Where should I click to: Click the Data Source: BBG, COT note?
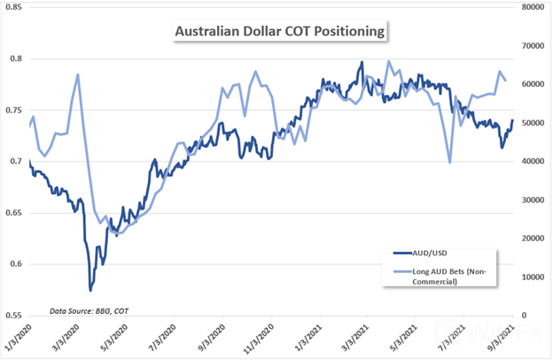(x=75, y=311)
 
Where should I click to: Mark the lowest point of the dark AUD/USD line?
(x=90, y=290)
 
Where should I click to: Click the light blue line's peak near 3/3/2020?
(x=78, y=74)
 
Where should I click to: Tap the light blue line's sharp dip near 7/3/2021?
(x=450, y=162)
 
